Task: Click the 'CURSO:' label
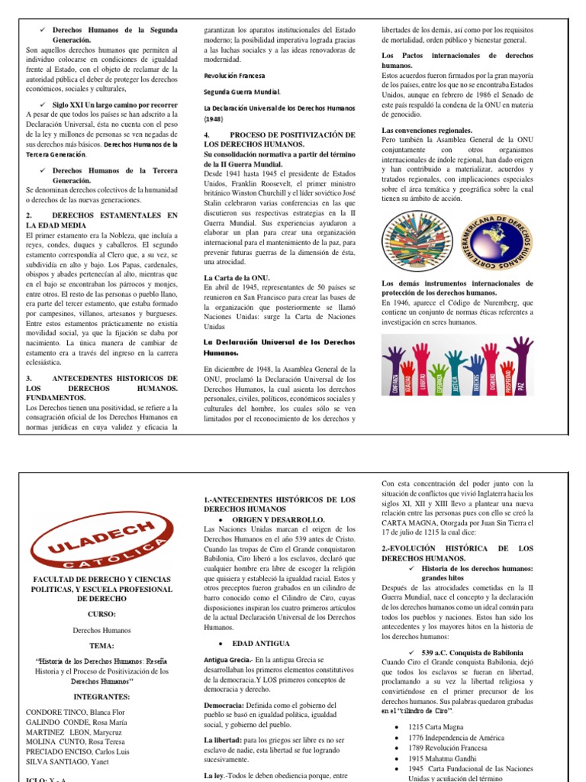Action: (x=101, y=613)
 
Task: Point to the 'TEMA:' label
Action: (x=101, y=645)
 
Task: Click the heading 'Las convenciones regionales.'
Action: (x=427, y=131)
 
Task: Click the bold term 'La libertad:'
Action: (x=222, y=739)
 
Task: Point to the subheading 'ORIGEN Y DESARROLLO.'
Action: (x=266, y=519)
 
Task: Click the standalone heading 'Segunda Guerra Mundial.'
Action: (x=242, y=92)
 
